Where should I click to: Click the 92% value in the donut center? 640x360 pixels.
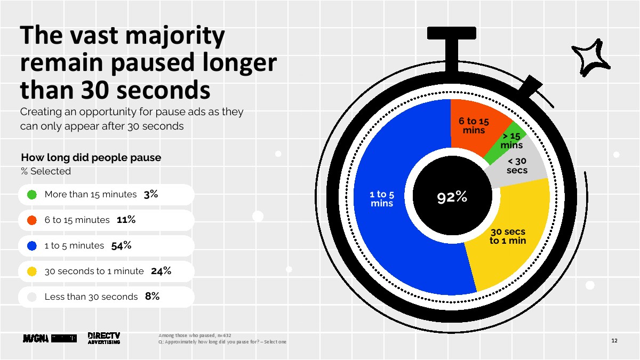coord(452,197)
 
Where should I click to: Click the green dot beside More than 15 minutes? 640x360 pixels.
coord(31,195)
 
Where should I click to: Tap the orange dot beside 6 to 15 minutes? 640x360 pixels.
coord(31,220)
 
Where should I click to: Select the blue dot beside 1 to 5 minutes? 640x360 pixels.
coord(31,246)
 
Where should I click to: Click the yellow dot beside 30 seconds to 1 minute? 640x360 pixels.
coord(31,271)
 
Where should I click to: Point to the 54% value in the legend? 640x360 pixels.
coord(121,246)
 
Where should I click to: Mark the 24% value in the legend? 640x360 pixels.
coord(161,271)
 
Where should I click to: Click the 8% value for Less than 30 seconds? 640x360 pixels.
coord(152,297)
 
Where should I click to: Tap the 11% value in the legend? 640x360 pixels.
coord(126,220)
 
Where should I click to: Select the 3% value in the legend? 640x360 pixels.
coord(151,195)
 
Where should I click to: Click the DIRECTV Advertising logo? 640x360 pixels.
coord(103,338)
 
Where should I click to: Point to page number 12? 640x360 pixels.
coord(614,341)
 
